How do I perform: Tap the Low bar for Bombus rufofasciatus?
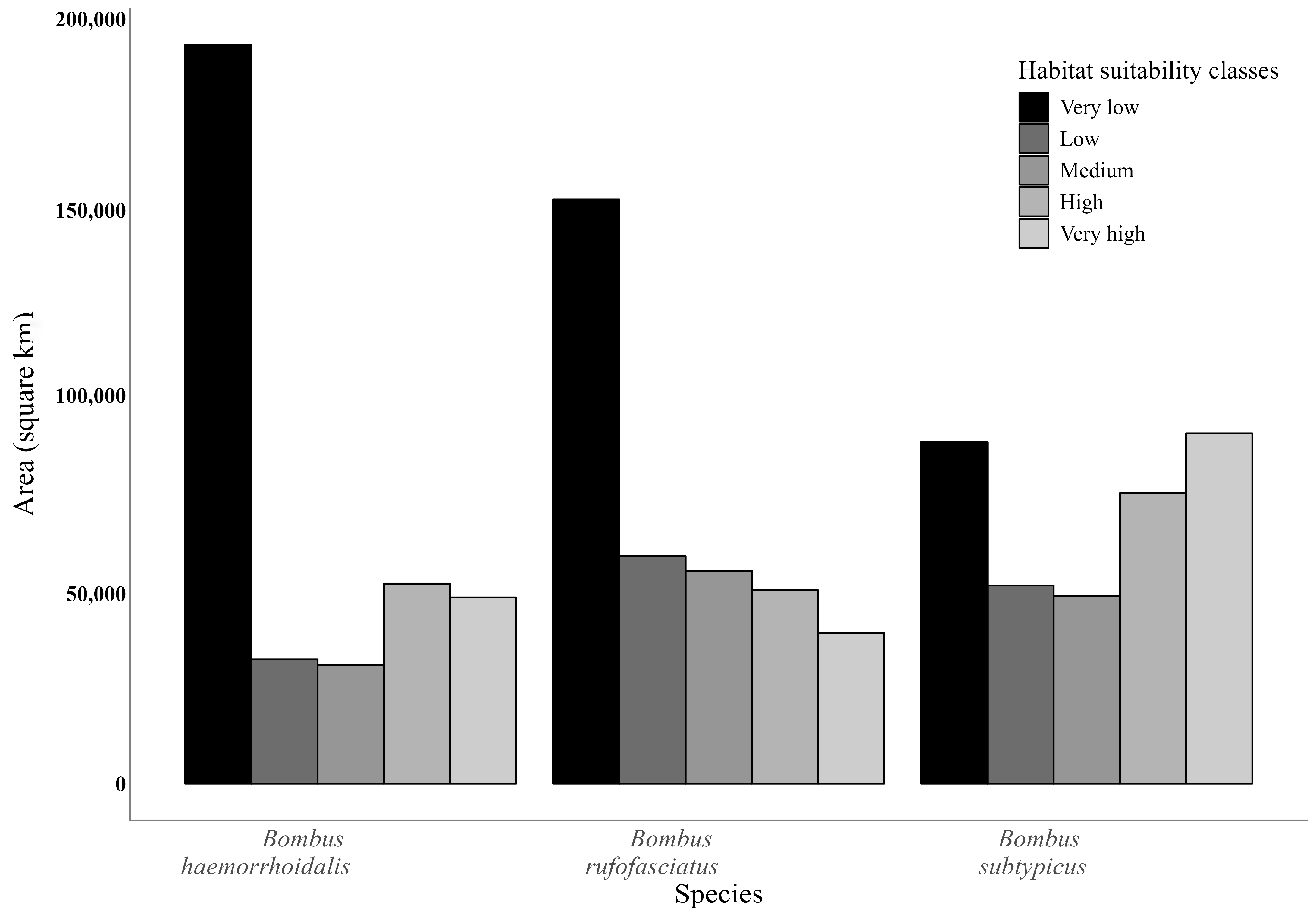pos(653,669)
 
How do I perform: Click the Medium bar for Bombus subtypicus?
pos(1086,689)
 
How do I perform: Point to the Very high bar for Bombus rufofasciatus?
pos(851,708)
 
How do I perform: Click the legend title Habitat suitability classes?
pos(1148,71)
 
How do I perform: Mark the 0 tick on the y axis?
pos(120,784)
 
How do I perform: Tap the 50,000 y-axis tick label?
pos(96,594)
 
